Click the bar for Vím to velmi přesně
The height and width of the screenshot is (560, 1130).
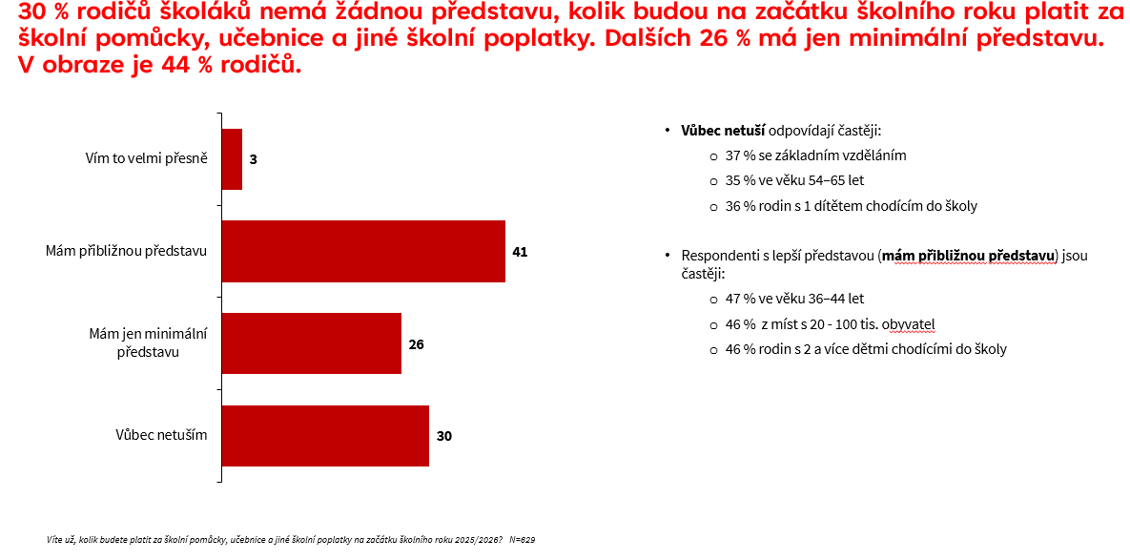click(232, 159)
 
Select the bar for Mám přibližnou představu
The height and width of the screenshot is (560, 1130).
click(363, 252)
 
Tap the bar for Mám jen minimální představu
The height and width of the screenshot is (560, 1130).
click(311, 343)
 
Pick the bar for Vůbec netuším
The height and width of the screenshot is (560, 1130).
click(325, 436)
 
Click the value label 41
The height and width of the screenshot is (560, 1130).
click(520, 252)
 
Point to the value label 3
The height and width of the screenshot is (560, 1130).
click(253, 159)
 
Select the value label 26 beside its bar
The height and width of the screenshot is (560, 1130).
click(416, 343)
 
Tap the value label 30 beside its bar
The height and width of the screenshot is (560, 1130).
click(443, 436)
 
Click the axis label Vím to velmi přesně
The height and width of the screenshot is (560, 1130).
click(146, 159)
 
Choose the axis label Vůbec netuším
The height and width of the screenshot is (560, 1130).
click(161, 436)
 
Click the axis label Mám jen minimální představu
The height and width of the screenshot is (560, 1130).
click(148, 343)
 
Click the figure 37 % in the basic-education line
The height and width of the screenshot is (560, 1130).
click(740, 156)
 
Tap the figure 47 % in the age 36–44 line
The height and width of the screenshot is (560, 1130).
click(740, 299)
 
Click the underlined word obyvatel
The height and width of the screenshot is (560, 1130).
click(906, 323)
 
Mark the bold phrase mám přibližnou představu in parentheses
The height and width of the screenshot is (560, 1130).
click(968, 256)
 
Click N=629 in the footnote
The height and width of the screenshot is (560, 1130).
click(523, 540)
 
